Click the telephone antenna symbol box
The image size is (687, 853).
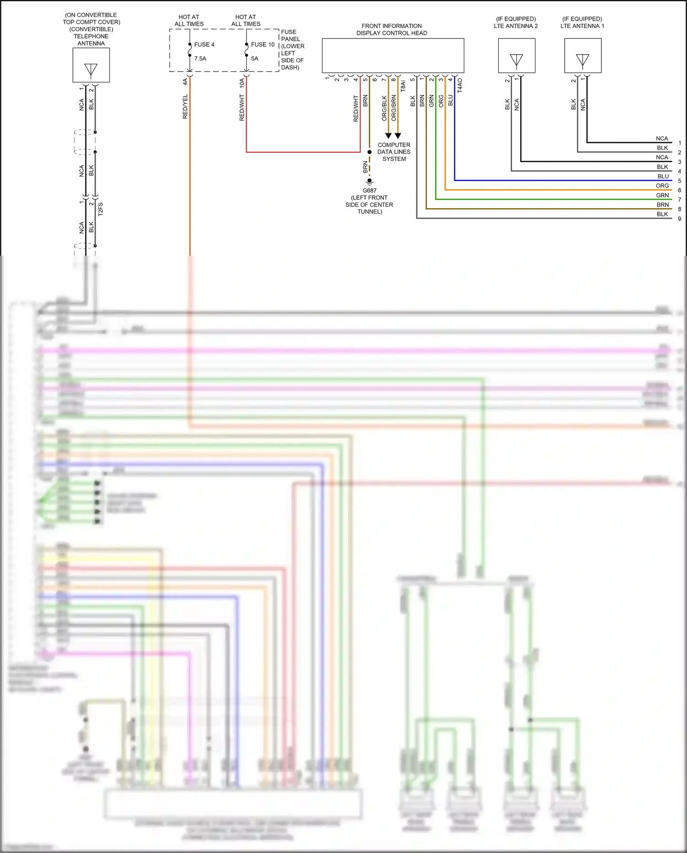(x=91, y=65)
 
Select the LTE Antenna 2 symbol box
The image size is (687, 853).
(x=517, y=56)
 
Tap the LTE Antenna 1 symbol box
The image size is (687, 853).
(x=583, y=56)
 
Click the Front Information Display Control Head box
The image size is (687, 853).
(x=393, y=55)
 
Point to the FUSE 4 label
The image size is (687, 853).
(x=204, y=44)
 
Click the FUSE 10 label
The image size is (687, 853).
(x=263, y=44)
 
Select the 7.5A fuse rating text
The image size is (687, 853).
(x=200, y=59)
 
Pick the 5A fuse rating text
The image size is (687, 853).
(x=255, y=59)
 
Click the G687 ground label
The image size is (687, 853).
(x=370, y=191)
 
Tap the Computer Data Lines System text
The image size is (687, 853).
(x=394, y=152)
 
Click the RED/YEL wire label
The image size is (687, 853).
(x=185, y=107)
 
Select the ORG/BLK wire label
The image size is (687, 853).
(x=384, y=108)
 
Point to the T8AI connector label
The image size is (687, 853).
(x=403, y=86)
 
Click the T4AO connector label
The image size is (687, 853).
(x=460, y=85)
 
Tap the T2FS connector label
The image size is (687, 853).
(x=100, y=209)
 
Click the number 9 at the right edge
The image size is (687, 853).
(x=680, y=219)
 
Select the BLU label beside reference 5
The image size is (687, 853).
(x=663, y=176)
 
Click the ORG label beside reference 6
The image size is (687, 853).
(x=662, y=186)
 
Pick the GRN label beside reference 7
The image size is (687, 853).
(x=662, y=195)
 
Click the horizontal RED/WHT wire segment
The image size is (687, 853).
(x=302, y=152)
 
